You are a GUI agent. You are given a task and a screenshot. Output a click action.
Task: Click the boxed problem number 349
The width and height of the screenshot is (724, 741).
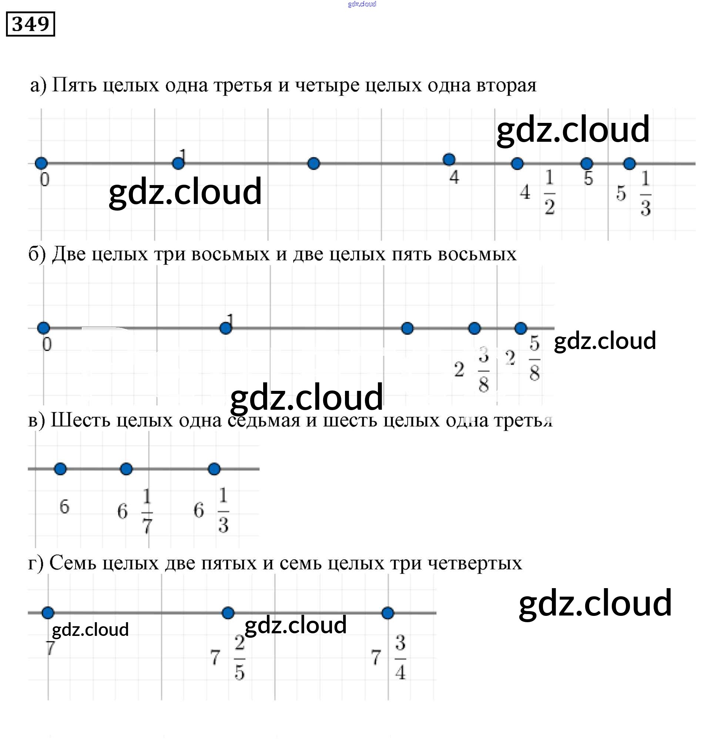(x=30, y=24)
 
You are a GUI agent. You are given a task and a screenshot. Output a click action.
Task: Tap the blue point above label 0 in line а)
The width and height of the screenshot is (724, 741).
(x=41, y=163)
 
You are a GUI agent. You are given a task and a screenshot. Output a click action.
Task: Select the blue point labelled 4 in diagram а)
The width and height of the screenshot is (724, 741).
(x=449, y=159)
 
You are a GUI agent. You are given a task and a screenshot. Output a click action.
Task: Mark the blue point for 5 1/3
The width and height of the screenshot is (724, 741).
(x=629, y=164)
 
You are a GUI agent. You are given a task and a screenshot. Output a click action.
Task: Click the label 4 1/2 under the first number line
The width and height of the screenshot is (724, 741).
(x=539, y=192)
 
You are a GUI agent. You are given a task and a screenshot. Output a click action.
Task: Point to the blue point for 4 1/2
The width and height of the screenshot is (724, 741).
(x=517, y=164)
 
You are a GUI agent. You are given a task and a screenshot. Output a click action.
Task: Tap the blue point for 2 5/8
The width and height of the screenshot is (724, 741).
(x=520, y=328)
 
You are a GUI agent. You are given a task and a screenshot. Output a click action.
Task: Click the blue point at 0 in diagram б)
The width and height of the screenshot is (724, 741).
(x=44, y=328)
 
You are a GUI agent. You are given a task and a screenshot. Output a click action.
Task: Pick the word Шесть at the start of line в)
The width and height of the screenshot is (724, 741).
(x=80, y=420)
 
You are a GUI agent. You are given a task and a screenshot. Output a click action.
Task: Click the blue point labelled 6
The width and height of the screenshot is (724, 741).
(x=60, y=469)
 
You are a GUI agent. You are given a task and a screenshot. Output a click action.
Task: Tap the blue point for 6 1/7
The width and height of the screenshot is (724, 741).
(x=126, y=469)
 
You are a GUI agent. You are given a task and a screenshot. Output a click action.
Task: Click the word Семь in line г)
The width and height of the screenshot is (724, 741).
(x=73, y=563)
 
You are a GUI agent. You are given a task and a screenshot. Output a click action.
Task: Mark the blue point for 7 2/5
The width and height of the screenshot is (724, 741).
(x=228, y=613)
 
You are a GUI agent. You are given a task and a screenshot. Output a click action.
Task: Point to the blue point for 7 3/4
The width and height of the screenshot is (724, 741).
(x=388, y=613)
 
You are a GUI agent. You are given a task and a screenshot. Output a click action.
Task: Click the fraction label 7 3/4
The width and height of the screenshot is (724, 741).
(x=389, y=657)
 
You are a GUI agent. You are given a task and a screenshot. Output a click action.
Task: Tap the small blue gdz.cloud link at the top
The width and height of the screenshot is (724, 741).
(x=362, y=4)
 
